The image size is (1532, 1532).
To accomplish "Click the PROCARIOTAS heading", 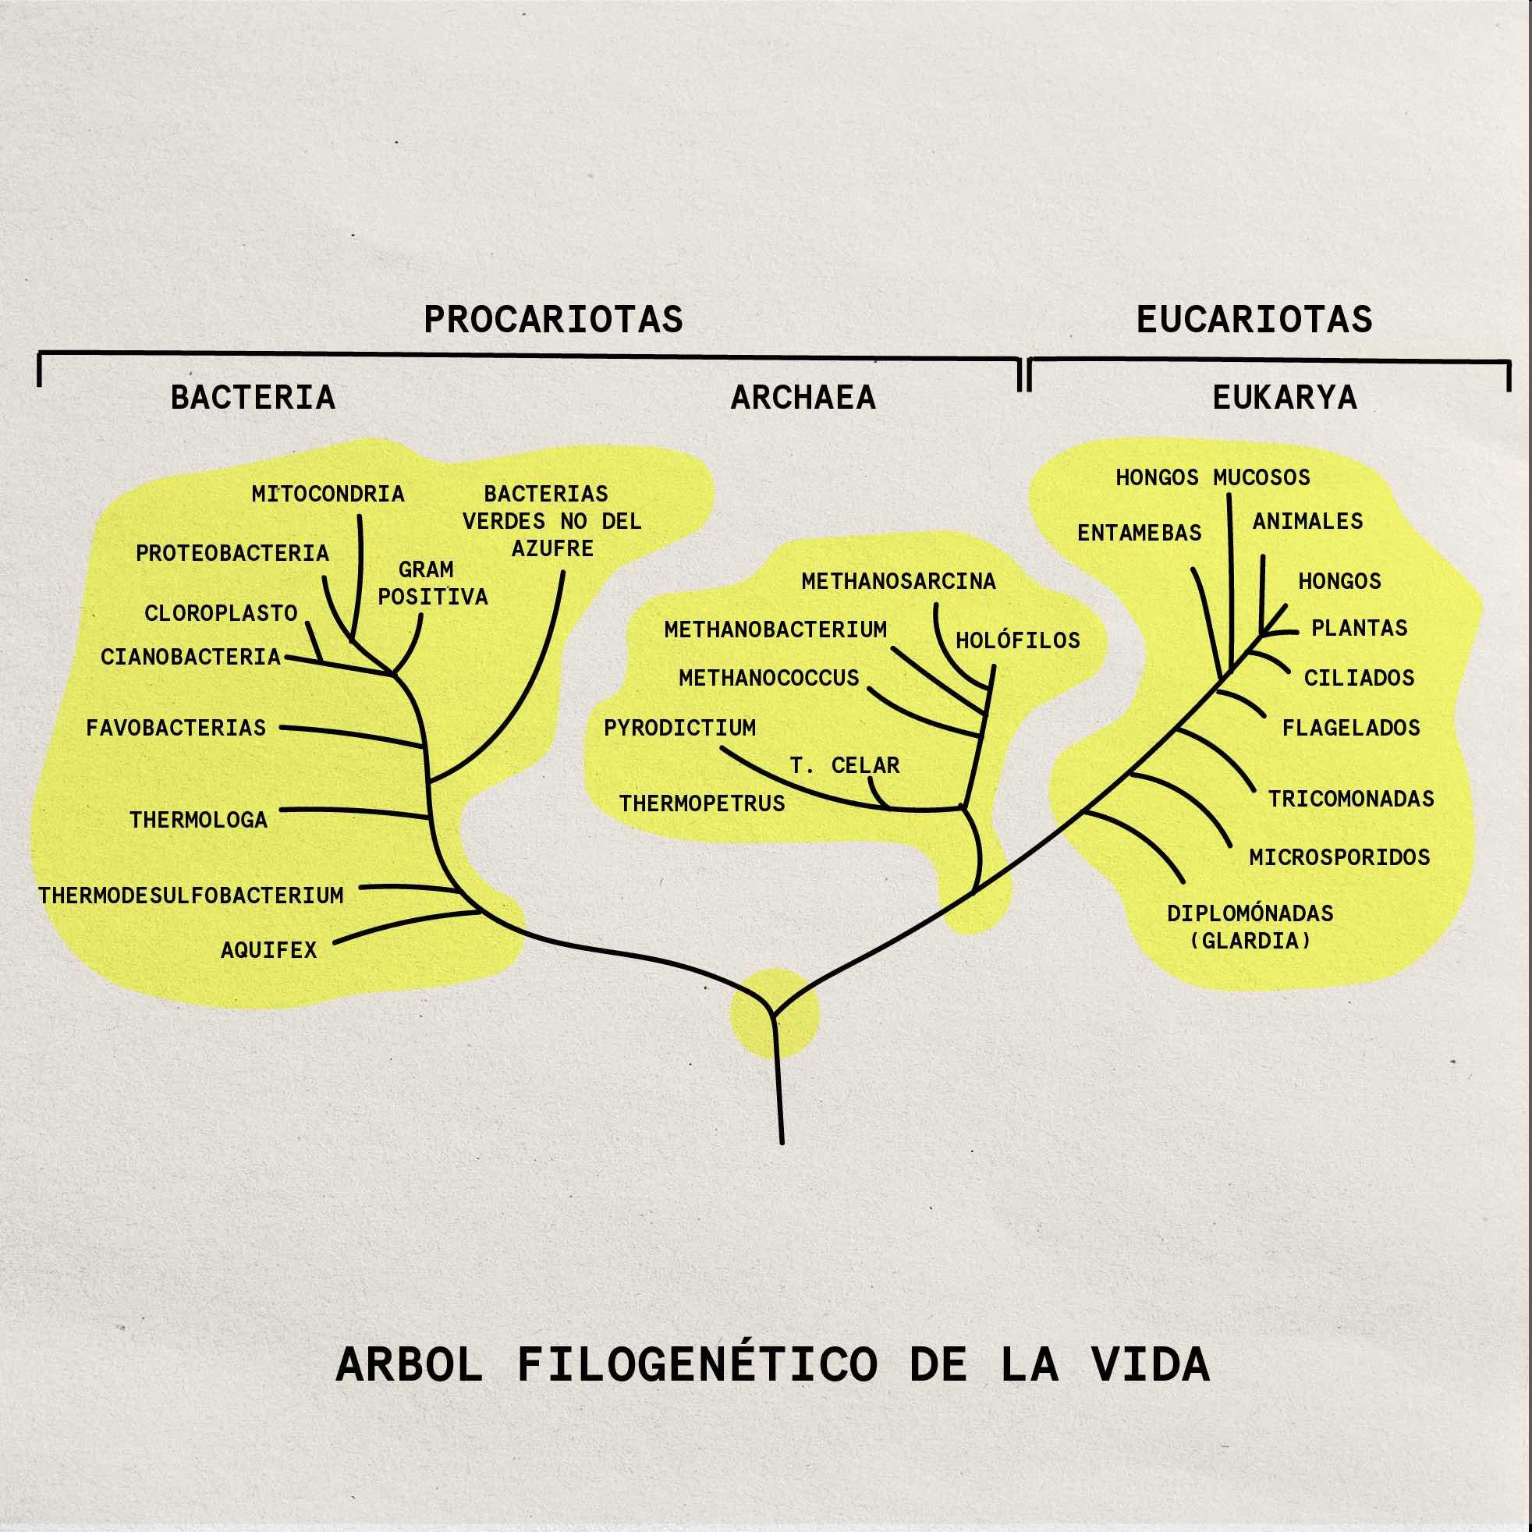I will pyautogui.click(x=553, y=320).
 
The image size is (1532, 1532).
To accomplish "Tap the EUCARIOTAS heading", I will pyautogui.click(x=1254, y=320).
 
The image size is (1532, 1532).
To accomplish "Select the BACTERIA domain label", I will pyautogui.click(x=253, y=397).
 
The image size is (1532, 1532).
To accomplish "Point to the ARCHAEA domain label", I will pyautogui.click(x=803, y=397).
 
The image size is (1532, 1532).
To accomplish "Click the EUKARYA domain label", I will pyautogui.click(x=1284, y=397).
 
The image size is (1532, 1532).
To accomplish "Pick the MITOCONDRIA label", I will pyautogui.click(x=328, y=494).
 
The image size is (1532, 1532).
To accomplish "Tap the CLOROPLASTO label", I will pyautogui.click(x=221, y=613).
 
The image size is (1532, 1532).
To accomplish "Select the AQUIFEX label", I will pyautogui.click(x=268, y=950).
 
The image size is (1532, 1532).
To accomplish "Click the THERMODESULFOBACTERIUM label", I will pyautogui.click(x=190, y=896).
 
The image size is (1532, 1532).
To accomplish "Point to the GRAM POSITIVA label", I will pyautogui.click(x=432, y=583).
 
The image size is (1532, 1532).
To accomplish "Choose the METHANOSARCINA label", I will pyautogui.click(x=898, y=581).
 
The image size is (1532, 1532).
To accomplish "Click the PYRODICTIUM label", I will pyautogui.click(x=679, y=728).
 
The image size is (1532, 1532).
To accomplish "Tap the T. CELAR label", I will pyautogui.click(x=845, y=765).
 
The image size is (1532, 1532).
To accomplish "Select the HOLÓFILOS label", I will pyautogui.click(x=1017, y=640).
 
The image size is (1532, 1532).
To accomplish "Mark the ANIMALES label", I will pyautogui.click(x=1307, y=521).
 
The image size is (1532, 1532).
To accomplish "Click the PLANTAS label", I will pyautogui.click(x=1359, y=628).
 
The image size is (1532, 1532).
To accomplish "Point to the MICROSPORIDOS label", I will pyautogui.click(x=1339, y=857).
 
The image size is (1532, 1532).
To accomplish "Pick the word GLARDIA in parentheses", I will pyautogui.click(x=1250, y=942).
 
